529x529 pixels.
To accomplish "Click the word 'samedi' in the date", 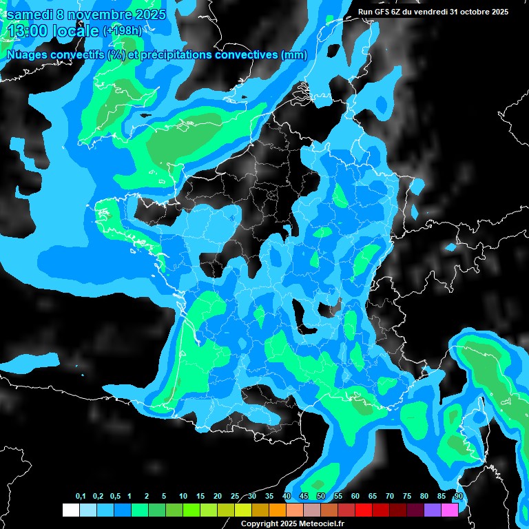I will [x=30, y=14].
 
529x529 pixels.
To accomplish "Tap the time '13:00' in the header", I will [x=28, y=30].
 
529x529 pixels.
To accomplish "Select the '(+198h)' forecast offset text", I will [x=122, y=31].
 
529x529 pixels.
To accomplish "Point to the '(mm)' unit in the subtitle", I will [x=293, y=55].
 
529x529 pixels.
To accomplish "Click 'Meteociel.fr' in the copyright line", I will [x=302, y=524].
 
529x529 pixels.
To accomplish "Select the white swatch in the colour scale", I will [x=70, y=510].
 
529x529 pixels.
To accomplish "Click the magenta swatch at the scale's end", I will [x=450, y=510].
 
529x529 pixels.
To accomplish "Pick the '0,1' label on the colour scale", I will [x=80, y=497].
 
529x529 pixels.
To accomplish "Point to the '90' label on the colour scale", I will [x=458, y=497].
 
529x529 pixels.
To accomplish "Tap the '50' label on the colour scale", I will [x=321, y=497].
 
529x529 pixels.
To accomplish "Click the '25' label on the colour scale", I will [x=235, y=497].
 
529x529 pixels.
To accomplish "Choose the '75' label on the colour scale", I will [x=407, y=497].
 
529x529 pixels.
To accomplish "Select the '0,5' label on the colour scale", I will [x=114, y=497].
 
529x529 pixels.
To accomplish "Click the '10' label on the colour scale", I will [x=183, y=497].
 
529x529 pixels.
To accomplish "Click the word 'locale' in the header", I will [x=76, y=30].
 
